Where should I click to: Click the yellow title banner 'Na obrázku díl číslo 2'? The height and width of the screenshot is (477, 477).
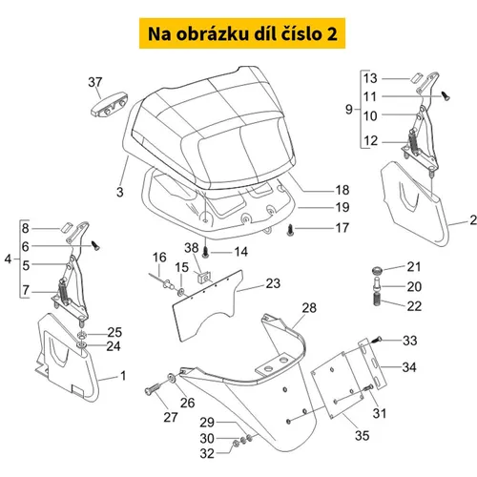(242, 33)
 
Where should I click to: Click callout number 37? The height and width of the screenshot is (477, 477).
(95, 82)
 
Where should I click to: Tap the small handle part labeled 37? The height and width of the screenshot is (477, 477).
(109, 104)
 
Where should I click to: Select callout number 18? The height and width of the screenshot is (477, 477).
(342, 190)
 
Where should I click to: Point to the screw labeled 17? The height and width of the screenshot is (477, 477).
(291, 230)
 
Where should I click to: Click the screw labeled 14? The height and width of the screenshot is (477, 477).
(206, 253)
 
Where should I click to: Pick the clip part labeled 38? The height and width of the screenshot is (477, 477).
(203, 279)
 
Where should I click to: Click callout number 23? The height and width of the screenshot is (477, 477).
(273, 283)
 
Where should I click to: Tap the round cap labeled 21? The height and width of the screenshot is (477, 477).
(378, 271)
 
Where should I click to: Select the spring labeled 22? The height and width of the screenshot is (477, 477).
(378, 301)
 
